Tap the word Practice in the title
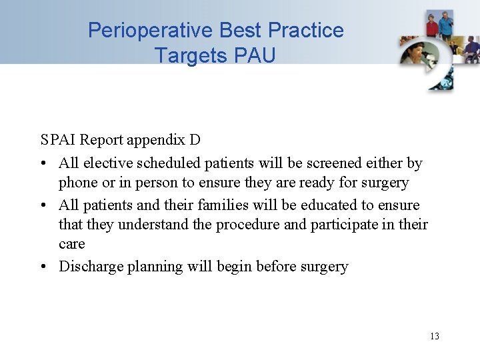pos(306,31)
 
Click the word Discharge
pos(91,267)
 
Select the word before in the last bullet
pos(270,267)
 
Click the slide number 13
pos(435,336)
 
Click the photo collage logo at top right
pos(437,50)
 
